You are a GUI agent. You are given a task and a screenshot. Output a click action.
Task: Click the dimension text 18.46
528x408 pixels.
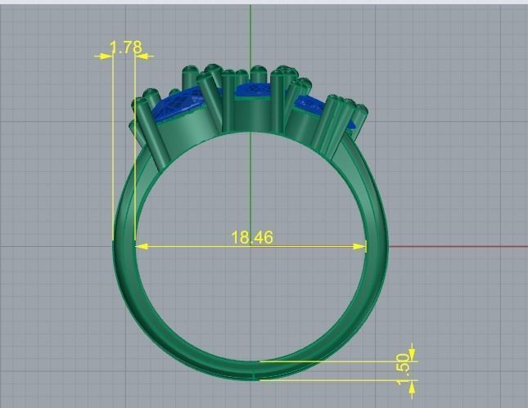(x=251, y=238)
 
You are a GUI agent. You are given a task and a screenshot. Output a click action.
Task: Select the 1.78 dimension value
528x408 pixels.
(x=125, y=47)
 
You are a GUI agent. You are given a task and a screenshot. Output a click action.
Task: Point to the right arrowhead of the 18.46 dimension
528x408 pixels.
(x=361, y=245)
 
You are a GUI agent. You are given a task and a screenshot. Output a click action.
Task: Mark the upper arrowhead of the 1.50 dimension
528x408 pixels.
(x=412, y=355)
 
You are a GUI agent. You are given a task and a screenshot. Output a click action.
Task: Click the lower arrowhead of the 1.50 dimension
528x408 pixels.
(x=412, y=384)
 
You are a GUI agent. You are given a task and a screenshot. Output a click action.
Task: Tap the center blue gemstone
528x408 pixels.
(x=255, y=91)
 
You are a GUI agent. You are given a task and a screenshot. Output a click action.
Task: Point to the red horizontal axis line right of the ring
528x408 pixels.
(x=458, y=246)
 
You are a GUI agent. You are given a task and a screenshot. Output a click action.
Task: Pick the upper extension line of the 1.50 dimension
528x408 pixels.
(x=336, y=360)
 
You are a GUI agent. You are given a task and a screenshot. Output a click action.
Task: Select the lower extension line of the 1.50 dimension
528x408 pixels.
(x=336, y=379)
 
